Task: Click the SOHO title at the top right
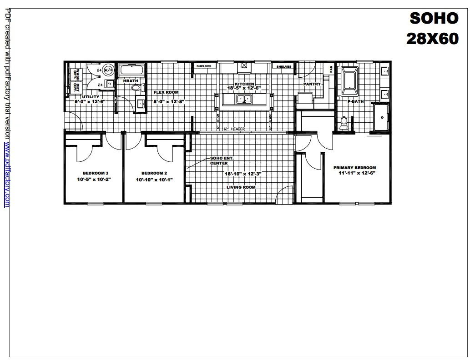tap(434, 18)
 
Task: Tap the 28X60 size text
tap(432, 39)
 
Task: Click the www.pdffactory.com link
tap(7, 175)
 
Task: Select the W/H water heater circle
tap(108, 70)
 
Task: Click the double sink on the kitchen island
tap(244, 99)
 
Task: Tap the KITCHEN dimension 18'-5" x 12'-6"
tap(244, 88)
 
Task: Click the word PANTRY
tap(313, 84)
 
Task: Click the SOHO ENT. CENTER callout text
tap(219, 160)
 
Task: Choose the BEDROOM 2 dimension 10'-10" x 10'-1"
tap(155, 180)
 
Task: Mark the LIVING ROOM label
tap(241, 187)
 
